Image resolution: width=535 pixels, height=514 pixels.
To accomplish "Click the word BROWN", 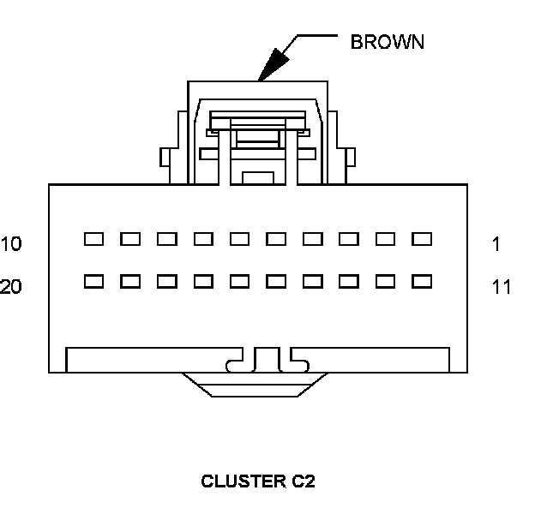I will tap(387, 42).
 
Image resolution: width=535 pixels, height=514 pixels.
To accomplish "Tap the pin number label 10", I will tap(11, 244).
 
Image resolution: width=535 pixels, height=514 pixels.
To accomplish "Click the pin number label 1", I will tap(496, 244).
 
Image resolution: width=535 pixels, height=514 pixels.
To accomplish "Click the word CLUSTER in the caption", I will tap(237, 481).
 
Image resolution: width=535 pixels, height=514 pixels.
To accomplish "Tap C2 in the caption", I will tap(303, 481).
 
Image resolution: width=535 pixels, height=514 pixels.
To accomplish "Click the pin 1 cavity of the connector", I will tap(423, 239).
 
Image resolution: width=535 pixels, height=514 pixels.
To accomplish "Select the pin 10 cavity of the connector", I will tap(93, 239).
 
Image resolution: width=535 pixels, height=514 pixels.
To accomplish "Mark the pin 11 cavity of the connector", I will tap(423, 280).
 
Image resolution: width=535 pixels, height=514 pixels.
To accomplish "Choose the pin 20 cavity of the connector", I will tap(93, 280).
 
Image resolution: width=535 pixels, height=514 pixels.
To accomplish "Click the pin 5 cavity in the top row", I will tap(276, 239).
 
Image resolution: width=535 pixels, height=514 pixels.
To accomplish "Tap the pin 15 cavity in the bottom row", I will tap(276, 280).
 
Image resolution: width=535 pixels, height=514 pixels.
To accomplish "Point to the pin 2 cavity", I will tap(386, 239).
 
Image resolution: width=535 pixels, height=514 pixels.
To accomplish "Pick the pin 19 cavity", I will tap(130, 280).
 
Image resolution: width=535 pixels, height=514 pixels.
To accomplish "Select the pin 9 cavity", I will tap(130, 239).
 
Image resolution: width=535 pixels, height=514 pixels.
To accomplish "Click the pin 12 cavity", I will tap(386, 280).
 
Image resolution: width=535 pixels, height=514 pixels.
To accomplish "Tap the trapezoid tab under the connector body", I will tap(258, 385).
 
